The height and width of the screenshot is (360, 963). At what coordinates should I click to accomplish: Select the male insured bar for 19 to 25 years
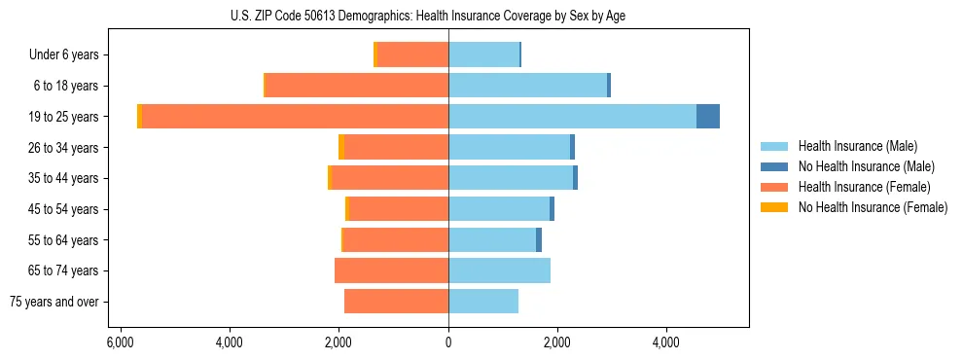tap(572, 117)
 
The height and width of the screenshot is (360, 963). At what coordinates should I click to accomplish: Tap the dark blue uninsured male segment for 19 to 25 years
tap(708, 117)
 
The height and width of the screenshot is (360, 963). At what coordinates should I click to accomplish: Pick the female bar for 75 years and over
tap(396, 302)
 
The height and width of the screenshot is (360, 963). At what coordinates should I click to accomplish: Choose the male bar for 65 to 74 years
tap(499, 270)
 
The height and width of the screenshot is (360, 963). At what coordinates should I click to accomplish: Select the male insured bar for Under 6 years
tap(483, 55)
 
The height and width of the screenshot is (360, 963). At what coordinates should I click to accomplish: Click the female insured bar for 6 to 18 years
tap(356, 86)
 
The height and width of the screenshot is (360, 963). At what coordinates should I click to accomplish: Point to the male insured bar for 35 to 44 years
tap(511, 178)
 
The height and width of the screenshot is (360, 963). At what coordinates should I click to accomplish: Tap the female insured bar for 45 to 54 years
tap(398, 209)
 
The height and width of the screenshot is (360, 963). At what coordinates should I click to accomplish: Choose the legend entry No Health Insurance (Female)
tap(873, 207)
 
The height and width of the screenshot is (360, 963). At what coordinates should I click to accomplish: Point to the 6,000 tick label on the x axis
tap(120, 343)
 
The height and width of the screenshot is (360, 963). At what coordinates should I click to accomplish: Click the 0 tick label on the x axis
tap(448, 343)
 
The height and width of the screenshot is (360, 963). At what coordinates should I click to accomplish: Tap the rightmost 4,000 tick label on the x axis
tap(666, 343)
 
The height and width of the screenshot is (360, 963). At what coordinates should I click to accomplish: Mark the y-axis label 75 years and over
tap(54, 302)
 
